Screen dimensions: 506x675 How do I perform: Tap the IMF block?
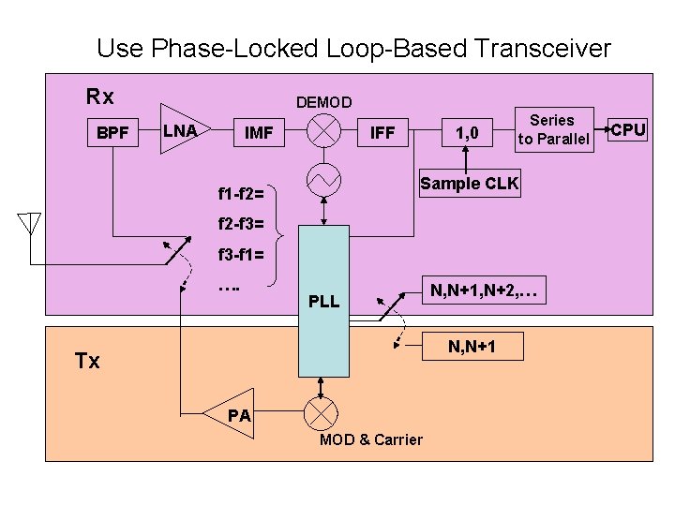[258, 133]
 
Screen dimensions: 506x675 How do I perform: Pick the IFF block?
[382, 133]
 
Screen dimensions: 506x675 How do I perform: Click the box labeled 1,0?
[466, 133]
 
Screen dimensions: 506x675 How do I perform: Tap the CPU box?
[628, 129]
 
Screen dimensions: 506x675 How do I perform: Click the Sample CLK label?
[469, 183]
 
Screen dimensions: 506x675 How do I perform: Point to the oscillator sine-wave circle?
[323, 179]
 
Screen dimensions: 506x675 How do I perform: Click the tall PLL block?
[323, 300]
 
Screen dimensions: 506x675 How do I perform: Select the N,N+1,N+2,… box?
[483, 291]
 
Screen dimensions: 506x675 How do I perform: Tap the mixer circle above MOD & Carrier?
[323, 412]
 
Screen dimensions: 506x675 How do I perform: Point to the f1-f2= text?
[240, 195]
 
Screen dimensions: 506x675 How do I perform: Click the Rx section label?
[99, 97]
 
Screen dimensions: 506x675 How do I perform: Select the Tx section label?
[87, 361]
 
